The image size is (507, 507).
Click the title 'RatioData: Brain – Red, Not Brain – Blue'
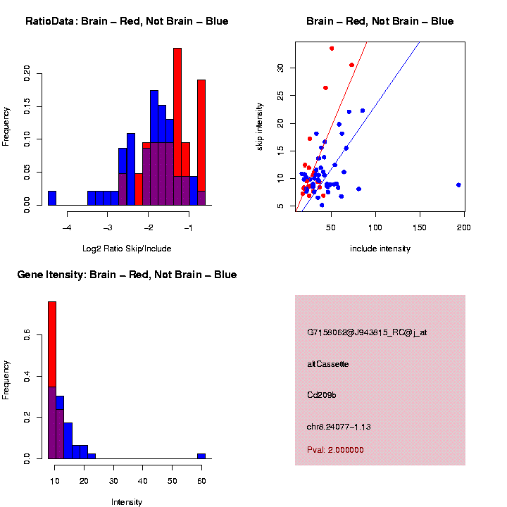127,21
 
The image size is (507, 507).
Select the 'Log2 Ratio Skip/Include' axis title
127,248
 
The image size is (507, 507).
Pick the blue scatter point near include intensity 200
458,184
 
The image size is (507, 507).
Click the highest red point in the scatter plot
332,49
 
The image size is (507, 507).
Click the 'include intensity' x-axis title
380,248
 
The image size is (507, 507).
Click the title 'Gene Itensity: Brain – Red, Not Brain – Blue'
127,275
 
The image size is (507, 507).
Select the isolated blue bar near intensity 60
201,456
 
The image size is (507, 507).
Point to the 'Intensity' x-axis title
127,502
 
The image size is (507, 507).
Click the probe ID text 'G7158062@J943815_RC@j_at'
367,332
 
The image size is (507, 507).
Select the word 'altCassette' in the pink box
328,364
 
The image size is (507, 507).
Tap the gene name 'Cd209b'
322,395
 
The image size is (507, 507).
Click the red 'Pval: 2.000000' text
335,450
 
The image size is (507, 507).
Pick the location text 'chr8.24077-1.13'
339,427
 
